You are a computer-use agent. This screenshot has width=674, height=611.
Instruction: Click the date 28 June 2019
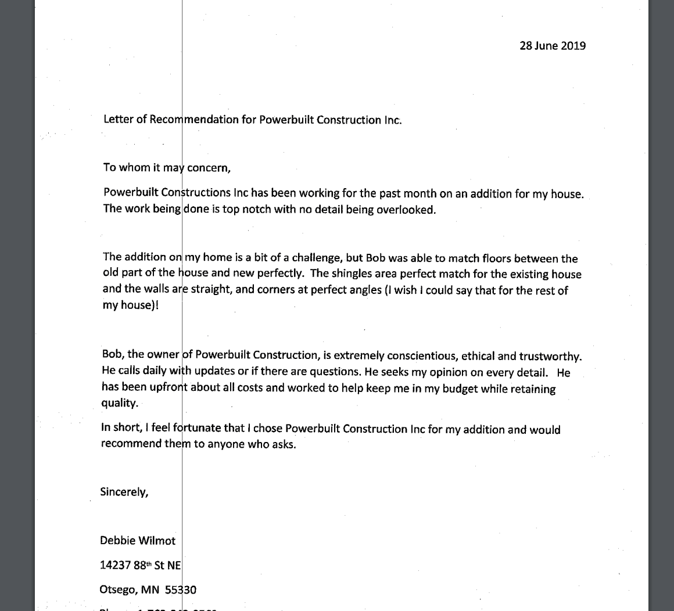point(552,46)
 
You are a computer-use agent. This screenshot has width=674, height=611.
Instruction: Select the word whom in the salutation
point(135,167)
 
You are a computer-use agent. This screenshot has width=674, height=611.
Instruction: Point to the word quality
point(120,403)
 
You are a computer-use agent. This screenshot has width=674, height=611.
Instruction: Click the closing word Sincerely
point(124,491)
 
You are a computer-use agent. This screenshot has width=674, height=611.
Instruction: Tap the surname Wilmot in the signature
point(156,540)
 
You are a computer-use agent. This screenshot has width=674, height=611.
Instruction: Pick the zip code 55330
point(181,590)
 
